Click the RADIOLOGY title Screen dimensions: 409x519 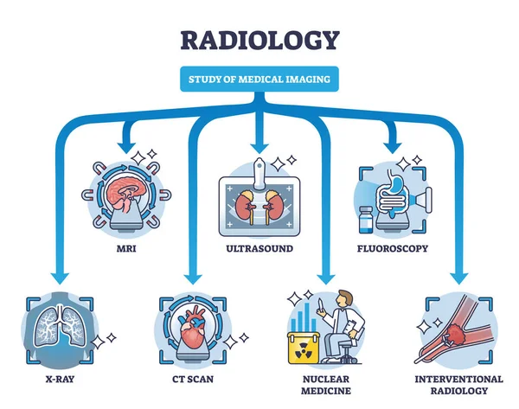coord(259,40)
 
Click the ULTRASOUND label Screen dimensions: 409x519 coord(259,247)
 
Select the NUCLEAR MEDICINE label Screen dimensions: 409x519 coord(324,385)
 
